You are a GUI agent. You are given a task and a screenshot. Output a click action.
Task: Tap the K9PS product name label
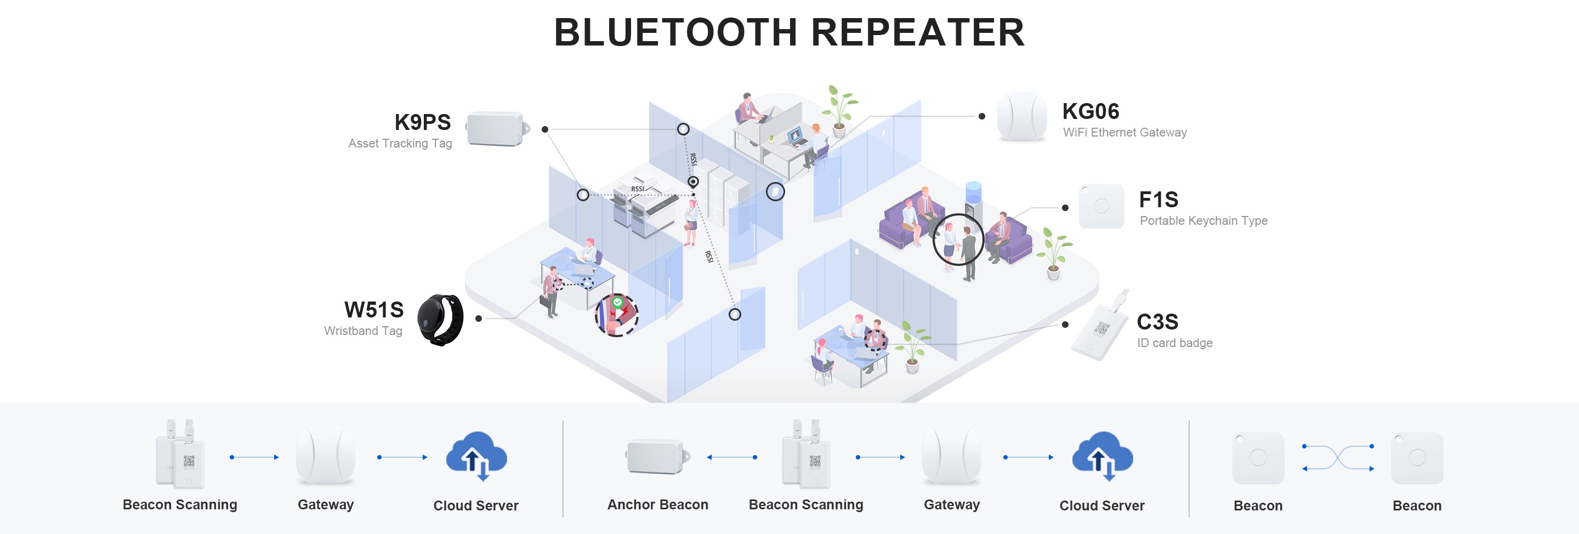[422, 123]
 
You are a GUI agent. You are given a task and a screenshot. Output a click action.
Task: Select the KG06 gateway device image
[1021, 116]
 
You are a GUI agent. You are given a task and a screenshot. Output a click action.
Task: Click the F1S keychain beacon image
[1101, 207]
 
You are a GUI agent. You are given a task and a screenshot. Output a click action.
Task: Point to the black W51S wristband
[440, 320]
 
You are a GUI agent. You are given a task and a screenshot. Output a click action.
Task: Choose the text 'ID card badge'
[1174, 343]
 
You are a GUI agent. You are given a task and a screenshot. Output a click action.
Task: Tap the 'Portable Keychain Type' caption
[1203, 221]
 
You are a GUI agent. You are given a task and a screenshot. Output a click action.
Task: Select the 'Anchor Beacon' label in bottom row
[657, 504]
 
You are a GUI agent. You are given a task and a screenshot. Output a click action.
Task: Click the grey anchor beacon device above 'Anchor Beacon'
[656, 457]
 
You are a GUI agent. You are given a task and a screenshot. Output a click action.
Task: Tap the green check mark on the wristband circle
[618, 302]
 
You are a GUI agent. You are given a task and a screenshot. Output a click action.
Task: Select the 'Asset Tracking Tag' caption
[400, 144]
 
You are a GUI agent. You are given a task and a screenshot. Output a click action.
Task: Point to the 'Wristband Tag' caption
[363, 331]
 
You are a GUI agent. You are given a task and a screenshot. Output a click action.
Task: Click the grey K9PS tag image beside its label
[496, 129]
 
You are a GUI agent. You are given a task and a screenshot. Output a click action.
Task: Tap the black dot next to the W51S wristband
[479, 318]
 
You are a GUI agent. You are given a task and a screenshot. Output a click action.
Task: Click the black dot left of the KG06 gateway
[982, 116]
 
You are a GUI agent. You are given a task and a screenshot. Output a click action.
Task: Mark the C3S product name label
[1157, 322]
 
